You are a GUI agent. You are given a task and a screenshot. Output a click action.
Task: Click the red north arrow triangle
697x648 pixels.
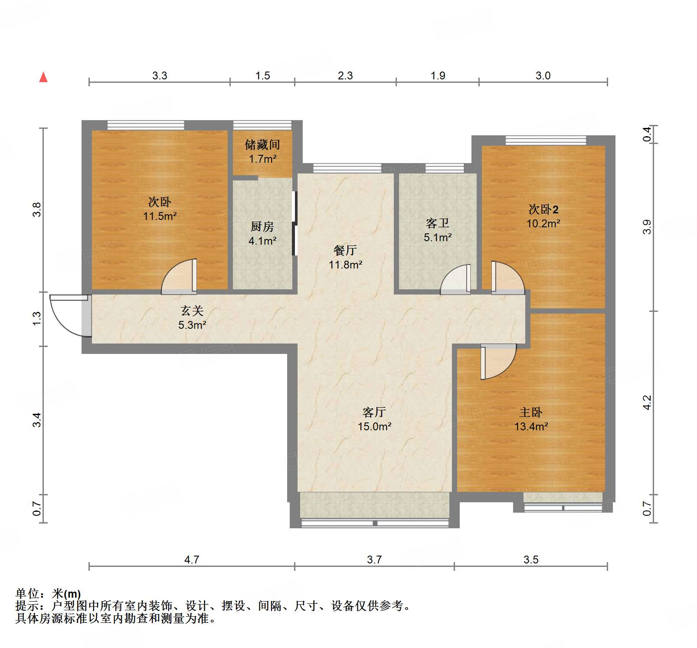[43, 77]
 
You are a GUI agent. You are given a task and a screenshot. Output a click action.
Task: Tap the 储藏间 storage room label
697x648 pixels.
[262, 144]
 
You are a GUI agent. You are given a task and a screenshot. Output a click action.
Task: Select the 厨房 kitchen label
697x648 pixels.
[262, 226]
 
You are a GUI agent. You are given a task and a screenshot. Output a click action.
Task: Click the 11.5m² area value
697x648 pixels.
[160, 216]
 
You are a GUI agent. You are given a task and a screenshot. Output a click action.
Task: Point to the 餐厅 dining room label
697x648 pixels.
[345, 250]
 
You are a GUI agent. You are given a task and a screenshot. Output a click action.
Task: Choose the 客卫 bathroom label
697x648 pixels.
[437, 223]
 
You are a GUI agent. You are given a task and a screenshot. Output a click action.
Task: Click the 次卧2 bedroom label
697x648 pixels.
[543, 209]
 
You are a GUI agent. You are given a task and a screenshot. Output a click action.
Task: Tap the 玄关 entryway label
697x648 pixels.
[192, 311]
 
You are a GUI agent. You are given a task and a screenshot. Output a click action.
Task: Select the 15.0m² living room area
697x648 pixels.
[374, 426]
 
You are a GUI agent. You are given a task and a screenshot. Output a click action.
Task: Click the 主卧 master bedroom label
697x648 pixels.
[531, 412]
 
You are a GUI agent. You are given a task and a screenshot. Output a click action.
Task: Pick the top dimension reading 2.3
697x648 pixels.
[345, 75]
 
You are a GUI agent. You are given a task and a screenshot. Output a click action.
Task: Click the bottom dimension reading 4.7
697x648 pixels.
[192, 560]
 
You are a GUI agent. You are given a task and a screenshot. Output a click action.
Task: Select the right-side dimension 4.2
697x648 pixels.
[647, 402]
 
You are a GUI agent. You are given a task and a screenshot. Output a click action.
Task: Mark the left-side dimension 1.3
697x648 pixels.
[37, 318]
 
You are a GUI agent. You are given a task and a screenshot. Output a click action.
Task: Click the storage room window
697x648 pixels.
[262, 125]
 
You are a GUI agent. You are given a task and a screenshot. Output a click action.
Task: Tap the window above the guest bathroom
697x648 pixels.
[445, 168]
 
